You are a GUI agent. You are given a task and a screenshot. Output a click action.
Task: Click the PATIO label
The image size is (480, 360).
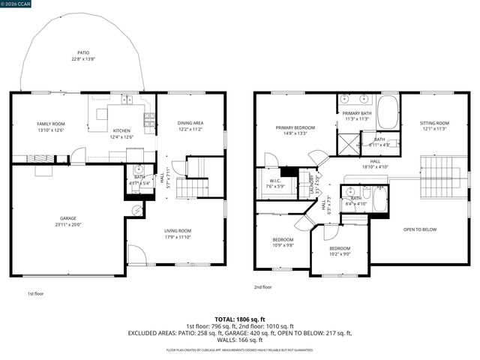click(x=83, y=53)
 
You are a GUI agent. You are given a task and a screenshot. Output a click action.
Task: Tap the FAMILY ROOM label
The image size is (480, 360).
click(x=51, y=124)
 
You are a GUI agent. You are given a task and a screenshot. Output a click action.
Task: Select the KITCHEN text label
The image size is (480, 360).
click(x=121, y=130)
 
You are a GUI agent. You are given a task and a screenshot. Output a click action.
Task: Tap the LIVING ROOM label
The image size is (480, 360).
click(x=179, y=231)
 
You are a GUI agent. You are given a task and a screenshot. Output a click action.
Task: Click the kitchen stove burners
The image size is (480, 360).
click(x=148, y=118)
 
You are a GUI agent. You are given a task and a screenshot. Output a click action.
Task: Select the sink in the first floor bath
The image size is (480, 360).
click(x=139, y=169)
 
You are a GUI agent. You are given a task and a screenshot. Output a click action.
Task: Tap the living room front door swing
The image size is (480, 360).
click(x=137, y=255)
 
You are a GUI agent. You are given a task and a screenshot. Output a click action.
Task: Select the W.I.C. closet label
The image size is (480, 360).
click(x=275, y=181)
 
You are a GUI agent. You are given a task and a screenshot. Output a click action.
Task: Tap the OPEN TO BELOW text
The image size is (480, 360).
click(x=419, y=229)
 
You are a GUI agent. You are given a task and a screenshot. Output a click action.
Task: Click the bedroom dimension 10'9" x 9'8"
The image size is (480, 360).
click(x=283, y=244)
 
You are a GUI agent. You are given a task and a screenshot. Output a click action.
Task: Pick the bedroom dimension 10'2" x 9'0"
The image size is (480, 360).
click(x=340, y=253)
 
